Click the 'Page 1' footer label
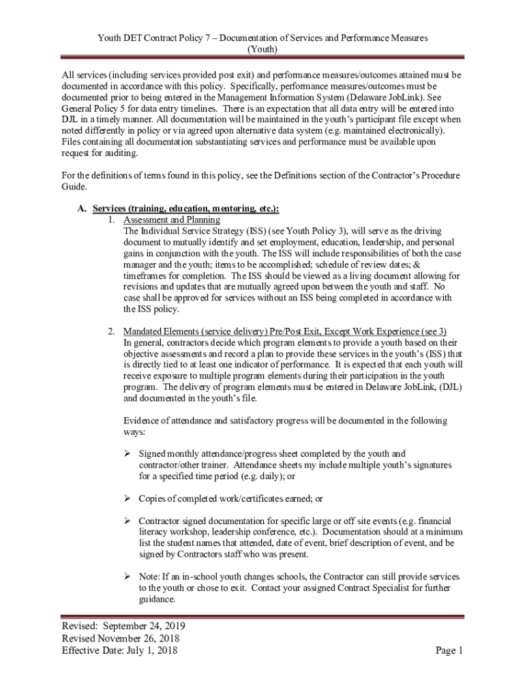[449, 650]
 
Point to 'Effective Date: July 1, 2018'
[119, 650]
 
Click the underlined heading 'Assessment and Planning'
[171, 219]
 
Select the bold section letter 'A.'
[82, 209]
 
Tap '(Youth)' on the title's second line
[262, 50]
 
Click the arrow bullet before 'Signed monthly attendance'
[127, 454]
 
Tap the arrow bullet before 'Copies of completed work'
[127, 499]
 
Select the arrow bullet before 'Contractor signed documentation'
[127, 521]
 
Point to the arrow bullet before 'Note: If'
[127, 577]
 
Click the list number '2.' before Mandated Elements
[111, 331]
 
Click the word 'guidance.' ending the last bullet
[157, 600]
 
